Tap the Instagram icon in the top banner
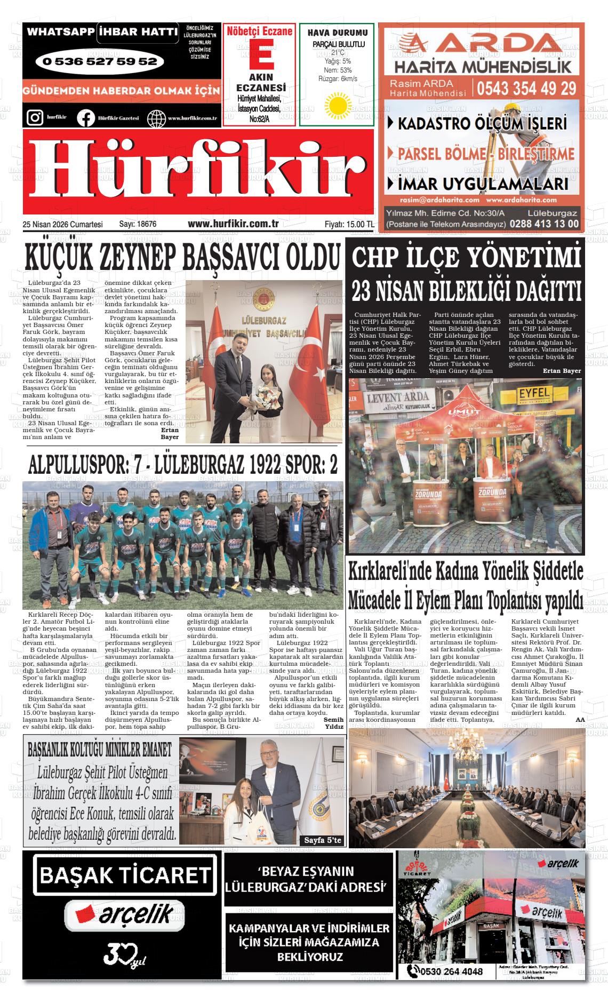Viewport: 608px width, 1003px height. point(35,117)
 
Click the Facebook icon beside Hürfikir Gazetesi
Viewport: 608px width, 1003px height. point(85,118)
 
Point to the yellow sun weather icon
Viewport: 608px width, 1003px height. point(337,105)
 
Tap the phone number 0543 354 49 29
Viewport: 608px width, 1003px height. point(527,87)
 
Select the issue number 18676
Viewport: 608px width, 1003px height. point(145,225)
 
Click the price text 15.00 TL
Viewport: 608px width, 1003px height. point(359,225)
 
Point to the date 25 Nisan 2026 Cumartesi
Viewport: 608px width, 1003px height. point(63,225)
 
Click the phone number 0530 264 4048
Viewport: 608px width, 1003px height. point(451,971)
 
